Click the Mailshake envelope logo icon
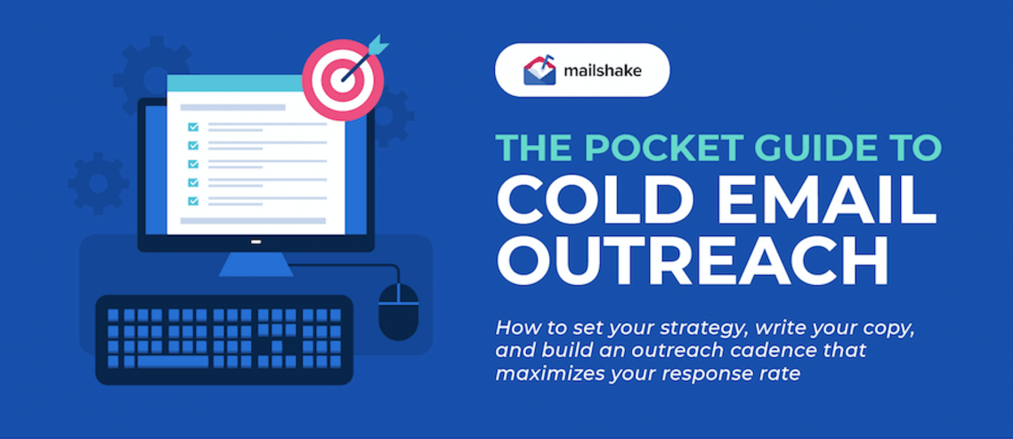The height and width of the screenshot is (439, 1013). pyautogui.click(x=539, y=69)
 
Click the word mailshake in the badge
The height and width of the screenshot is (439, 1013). pyautogui.click(x=602, y=70)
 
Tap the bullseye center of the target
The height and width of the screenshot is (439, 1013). pyautogui.click(x=343, y=81)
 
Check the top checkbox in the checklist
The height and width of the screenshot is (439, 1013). pyautogui.click(x=192, y=126)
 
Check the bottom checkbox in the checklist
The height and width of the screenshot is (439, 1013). pyautogui.click(x=192, y=201)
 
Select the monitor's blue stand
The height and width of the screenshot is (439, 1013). pyautogui.click(x=255, y=264)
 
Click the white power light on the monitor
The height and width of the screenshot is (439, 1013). pyautogui.click(x=255, y=243)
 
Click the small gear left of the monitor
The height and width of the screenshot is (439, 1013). pyautogui.click(x=98, y=183)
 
